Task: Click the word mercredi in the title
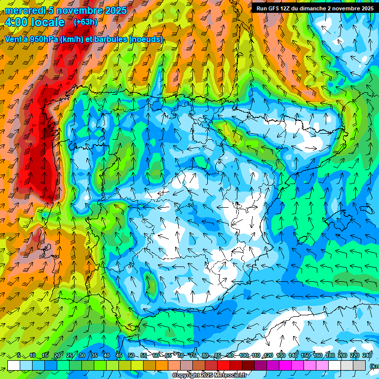(x=25, y=10)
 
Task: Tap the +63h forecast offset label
(x=85, y=22)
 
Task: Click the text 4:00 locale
(x=34, y=22)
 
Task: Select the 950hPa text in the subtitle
(x=42, y=39)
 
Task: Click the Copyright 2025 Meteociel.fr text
(x=209, y=376)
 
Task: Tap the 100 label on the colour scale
(x=244, y=355)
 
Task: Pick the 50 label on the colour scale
(x=131, y=355)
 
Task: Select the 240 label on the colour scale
(x=367, y=355)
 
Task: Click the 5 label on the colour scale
(x=19, y=355)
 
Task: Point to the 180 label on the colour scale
(x=330, y=355)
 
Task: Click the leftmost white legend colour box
(x=14, y=365)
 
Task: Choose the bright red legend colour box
(x=224, y=365)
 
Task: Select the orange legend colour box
(x=162, y=365)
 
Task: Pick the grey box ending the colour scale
(x=359, y=365)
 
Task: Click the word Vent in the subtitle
(x=13, y=39)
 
